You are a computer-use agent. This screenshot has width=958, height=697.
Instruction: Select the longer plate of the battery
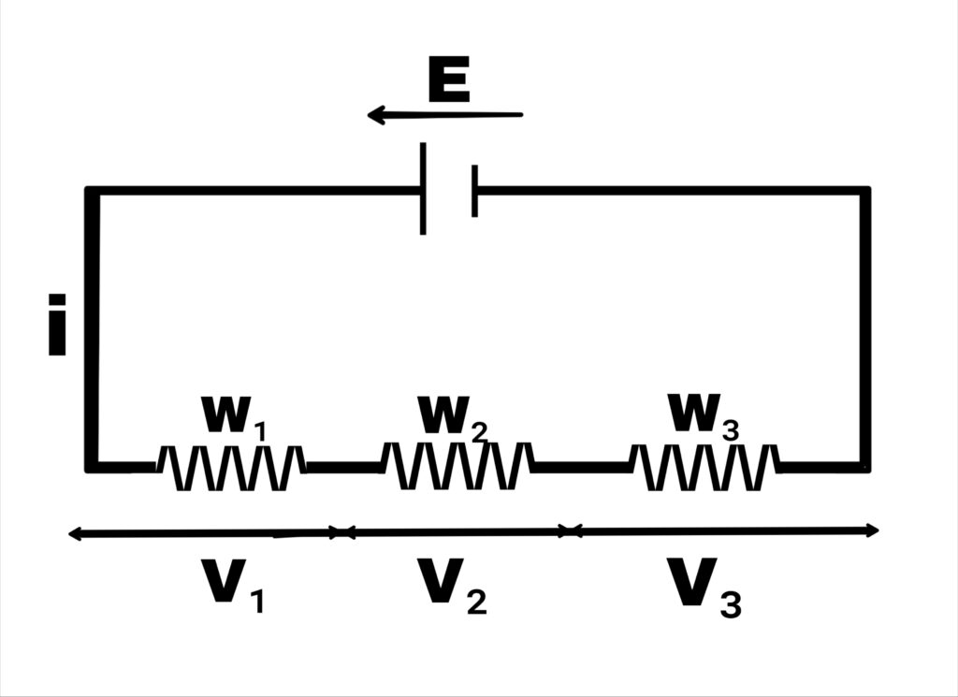(x=424, y=188)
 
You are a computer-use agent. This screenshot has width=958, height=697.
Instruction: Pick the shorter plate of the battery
(x=474, y=190)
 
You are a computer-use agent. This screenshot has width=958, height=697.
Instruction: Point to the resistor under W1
(x=230, y=467)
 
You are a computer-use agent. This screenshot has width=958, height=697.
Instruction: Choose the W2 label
(x=453, y=416)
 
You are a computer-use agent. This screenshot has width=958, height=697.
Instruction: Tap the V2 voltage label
(x=452, y=585)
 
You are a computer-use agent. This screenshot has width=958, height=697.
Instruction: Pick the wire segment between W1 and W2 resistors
(x=342, y=465)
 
